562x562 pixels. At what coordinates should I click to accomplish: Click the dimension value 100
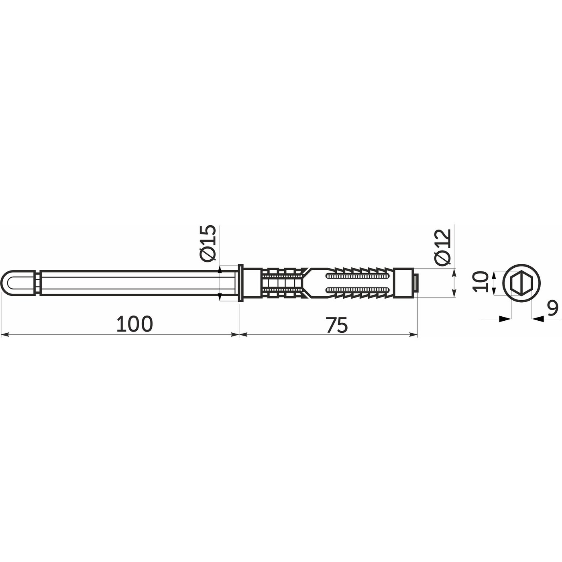[x=134, y=324]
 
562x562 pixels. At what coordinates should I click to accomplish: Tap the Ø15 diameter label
[x=208, y=243]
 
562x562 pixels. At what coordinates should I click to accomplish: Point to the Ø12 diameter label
[x=443, y=247]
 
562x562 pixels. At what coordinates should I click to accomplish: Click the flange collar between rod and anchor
[x=241, y=283]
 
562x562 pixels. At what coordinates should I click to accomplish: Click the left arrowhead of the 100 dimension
[x=5, y=334]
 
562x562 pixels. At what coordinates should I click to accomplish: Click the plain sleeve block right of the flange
[x=253, y=283]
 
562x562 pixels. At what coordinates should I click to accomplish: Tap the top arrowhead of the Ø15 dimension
[x=220, y=271]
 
